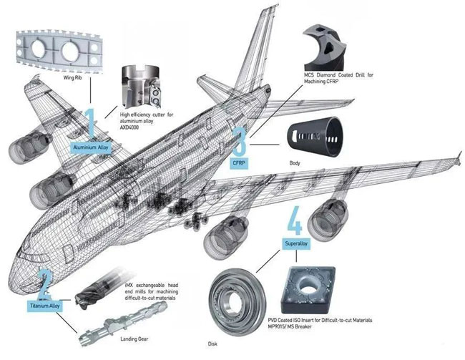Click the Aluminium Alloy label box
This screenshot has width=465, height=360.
[92, 147]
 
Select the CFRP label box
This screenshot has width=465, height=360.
[238, 163]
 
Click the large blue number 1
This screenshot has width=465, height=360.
[91, 124]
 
